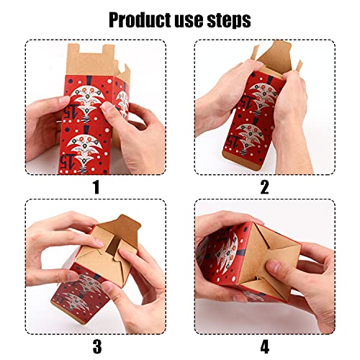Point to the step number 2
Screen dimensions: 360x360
point(264,186)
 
